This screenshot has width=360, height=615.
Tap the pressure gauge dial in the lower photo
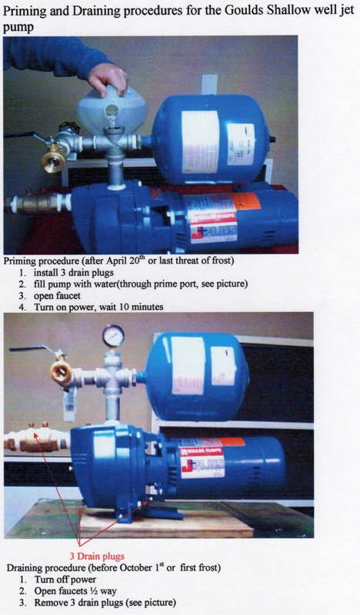click(113, 336)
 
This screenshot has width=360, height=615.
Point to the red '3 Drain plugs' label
click(97, 556)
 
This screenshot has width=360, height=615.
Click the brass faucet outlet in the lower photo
click(62, 372)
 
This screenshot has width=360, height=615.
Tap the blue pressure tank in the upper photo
click(212, 138)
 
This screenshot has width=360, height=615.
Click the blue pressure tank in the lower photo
click(196, 376)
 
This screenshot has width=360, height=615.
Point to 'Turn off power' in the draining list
click(65, 580)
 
